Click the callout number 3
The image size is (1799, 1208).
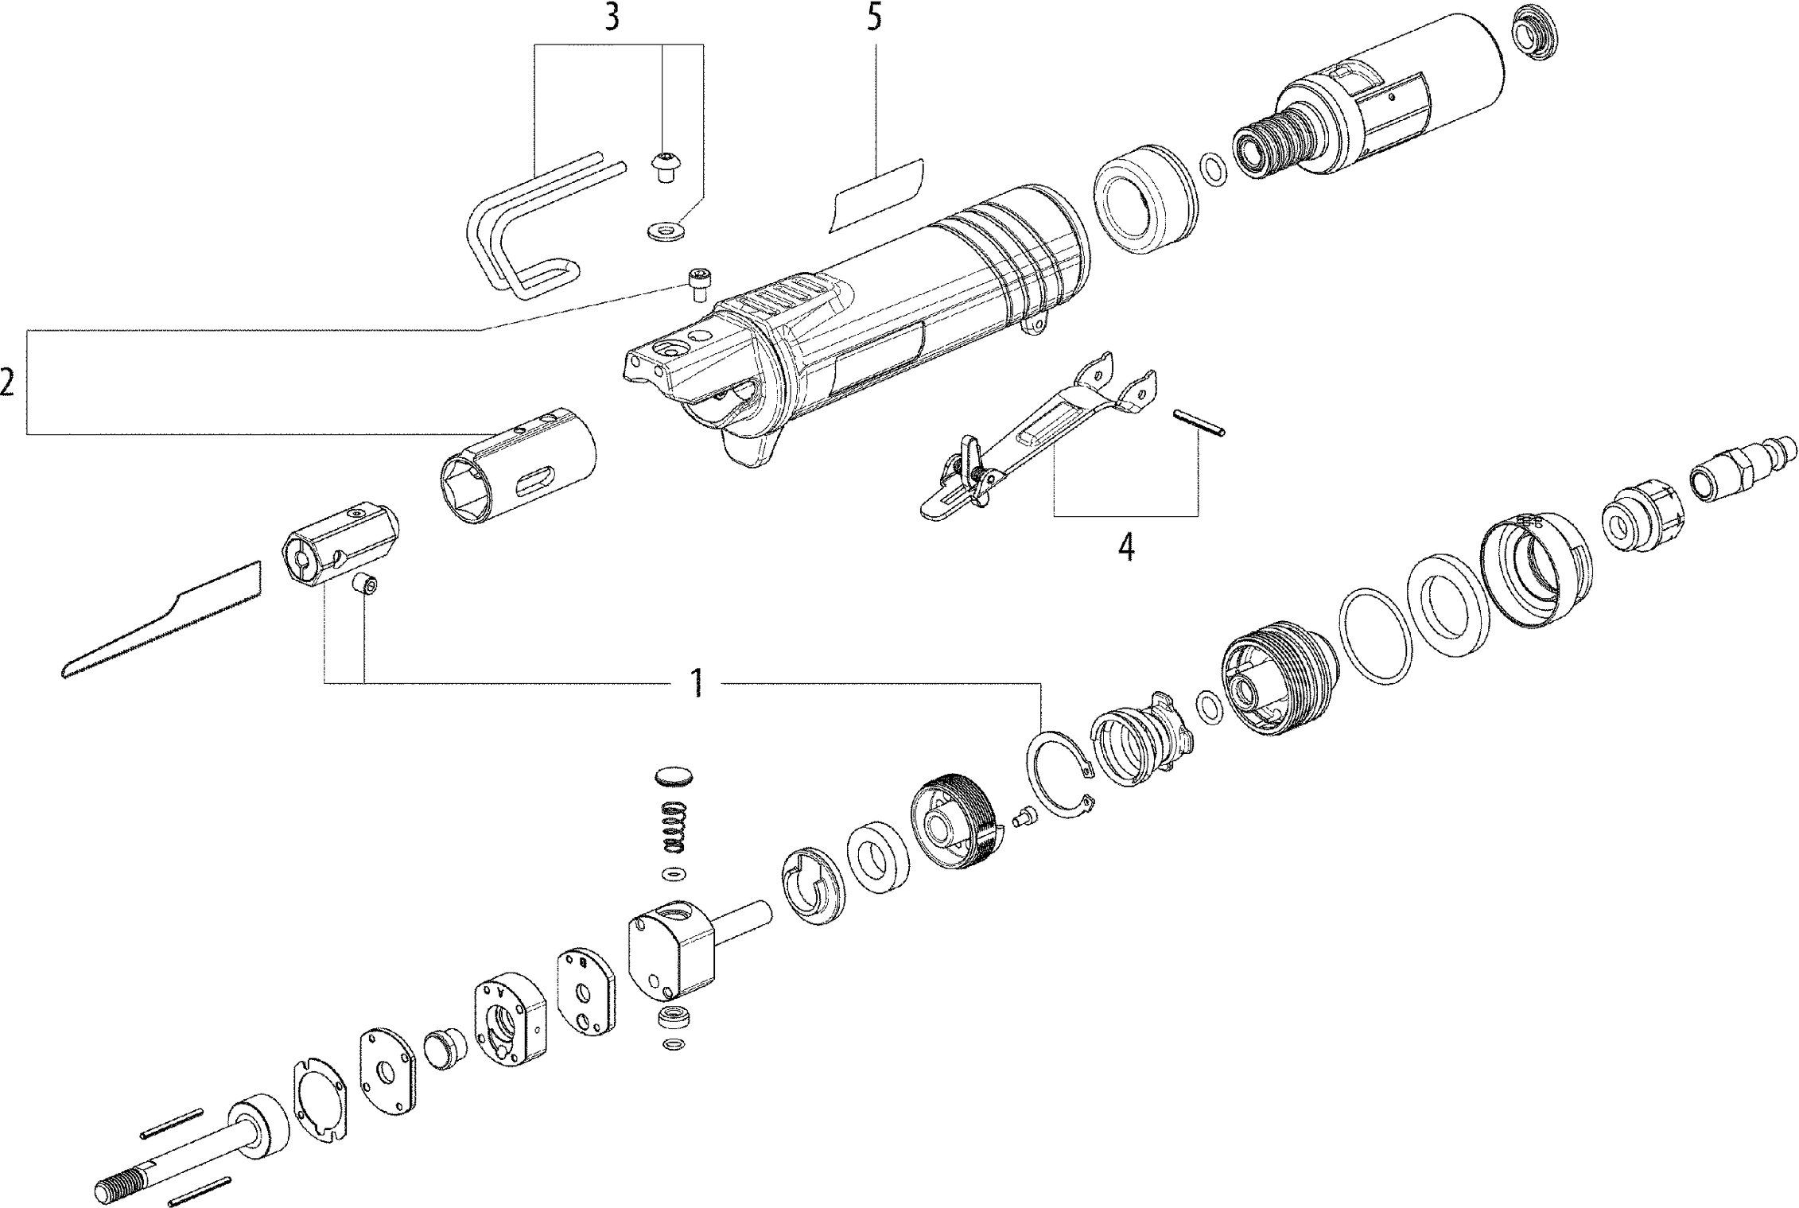[611, 17]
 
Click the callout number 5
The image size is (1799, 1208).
[875, 17]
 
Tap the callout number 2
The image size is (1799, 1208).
[8, 383]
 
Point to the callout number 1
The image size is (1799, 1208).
[697, 683]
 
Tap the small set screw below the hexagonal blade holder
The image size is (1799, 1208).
[366, 586]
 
